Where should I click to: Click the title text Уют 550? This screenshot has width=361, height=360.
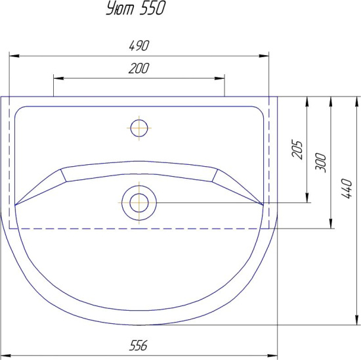click(136, 9)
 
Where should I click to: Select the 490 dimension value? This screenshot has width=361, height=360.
click(139, 45)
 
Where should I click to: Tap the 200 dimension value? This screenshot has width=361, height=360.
click(139, 68)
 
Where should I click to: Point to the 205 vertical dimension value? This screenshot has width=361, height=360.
click(297, 149)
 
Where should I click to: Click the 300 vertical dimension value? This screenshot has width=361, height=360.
click(320, 162)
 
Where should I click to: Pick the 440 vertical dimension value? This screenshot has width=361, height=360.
click(347, 189)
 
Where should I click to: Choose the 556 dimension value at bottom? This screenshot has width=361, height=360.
click(138, 346)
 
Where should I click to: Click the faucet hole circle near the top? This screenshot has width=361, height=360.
click(139, 128)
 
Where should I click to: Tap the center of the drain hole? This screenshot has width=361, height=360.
click(139, 203)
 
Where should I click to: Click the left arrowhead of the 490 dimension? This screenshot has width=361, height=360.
click(14, 56)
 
